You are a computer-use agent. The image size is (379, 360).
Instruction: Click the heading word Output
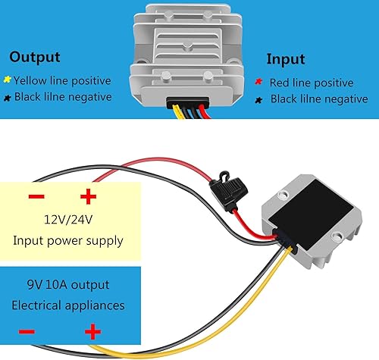35,57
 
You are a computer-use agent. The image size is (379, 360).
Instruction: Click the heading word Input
286,59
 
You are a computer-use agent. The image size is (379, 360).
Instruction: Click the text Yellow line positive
62,80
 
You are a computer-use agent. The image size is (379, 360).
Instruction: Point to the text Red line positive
312,83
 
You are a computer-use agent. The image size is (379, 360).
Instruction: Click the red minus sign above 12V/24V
36,198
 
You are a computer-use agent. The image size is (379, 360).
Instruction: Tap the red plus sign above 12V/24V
89,198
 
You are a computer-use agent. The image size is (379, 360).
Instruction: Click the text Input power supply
67,240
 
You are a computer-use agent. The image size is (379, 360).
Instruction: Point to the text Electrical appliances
67,306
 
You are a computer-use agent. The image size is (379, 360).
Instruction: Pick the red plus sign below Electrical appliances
92,331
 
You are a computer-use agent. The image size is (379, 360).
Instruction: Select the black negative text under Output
62,97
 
